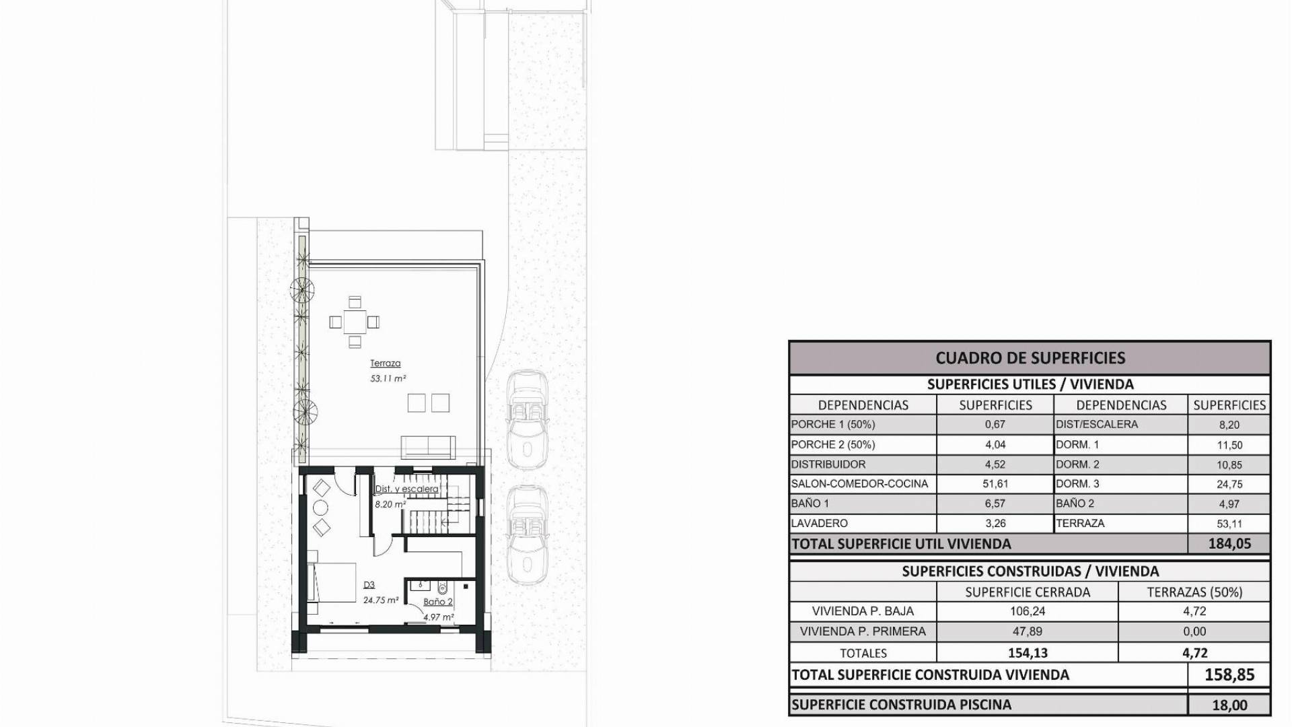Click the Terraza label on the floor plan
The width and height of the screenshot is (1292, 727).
[385, 363]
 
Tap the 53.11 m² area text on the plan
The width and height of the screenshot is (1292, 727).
[388, 379]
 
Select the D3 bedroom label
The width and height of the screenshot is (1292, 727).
[369, 585]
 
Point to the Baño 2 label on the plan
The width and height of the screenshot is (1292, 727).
[437, 602]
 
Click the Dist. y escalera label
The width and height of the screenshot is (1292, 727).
[406, 489]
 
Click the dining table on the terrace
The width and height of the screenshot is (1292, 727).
[355, 322]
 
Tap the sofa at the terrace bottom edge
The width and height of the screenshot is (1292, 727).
[428, 448]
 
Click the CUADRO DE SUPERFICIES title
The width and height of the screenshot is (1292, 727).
[1030, 358]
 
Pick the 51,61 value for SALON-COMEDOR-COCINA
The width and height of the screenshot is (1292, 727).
[995, 484]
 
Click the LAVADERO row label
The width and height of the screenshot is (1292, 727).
[819, 523]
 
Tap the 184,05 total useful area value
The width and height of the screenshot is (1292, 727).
[1229, 544]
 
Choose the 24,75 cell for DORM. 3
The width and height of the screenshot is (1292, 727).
[1229, 484]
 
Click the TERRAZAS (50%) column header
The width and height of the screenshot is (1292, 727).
[1194, 592]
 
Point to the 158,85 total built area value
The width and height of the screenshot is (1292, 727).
[1229, 674]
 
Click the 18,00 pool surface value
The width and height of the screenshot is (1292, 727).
[1229, 705]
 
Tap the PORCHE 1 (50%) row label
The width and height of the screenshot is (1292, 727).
[833, 425]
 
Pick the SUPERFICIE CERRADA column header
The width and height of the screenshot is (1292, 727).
[1028, 592]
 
